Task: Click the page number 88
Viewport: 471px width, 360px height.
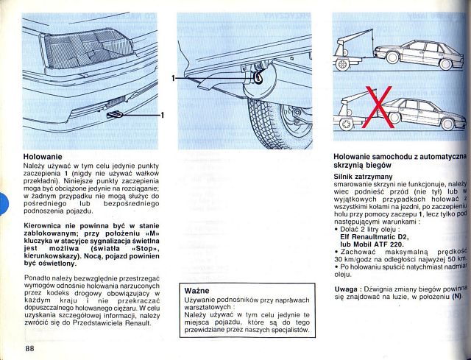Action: [x=29, y=348]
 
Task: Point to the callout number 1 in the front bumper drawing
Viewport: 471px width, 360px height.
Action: [x=162, y=114]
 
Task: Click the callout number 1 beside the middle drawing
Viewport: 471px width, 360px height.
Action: [x=174, y=77]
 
